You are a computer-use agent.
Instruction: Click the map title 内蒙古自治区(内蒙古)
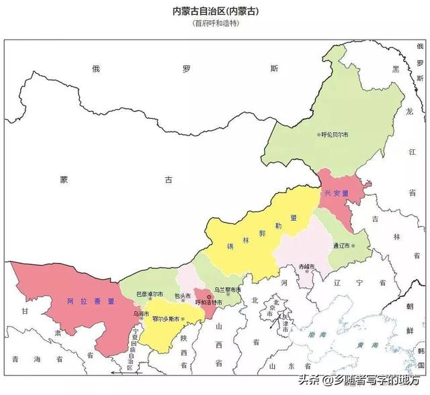(x=215, y=11)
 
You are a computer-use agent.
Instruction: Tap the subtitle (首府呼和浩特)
(x=215, y=23)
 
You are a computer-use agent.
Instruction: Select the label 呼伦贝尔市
(x=333, y=135)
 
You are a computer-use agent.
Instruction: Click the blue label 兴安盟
(x=336, y=193)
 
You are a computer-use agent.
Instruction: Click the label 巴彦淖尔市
(x=148, y=294)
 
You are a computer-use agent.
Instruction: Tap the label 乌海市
(x=140, y=313)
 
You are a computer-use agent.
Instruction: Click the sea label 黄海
(x=368, y=345)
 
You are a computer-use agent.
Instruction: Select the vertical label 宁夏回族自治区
(x=134, y=346)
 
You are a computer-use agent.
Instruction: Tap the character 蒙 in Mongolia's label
(x=64, y=180)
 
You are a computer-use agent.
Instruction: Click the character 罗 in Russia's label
(x=186, y=68)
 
